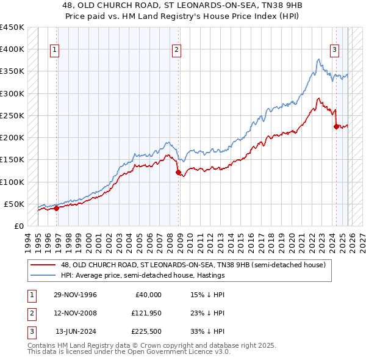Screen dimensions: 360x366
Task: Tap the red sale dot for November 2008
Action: click(x=179, y=173)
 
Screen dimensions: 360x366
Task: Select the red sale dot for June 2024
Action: click(x=336, y=127)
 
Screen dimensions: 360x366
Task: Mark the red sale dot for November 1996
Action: click(x=57, y=208)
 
